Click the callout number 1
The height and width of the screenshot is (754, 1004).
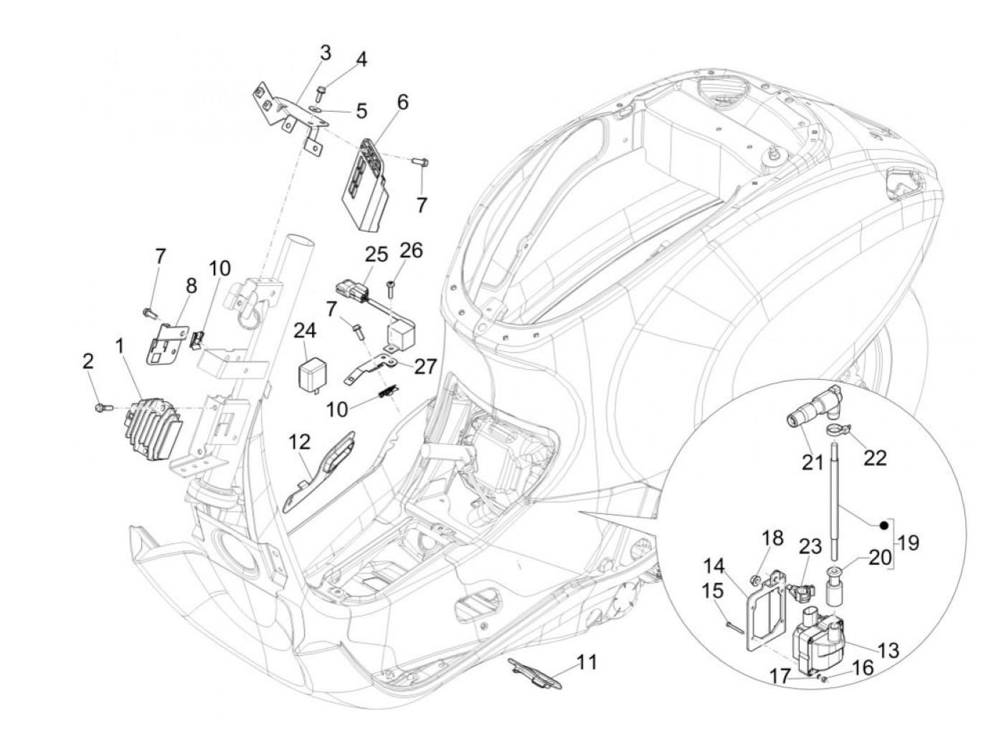point(120,361)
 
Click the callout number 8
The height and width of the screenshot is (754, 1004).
point(191,285)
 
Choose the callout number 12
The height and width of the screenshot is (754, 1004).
point(300,442)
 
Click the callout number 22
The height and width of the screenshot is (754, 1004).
point(874,458)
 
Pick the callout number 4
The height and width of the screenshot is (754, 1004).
point(361,60)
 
